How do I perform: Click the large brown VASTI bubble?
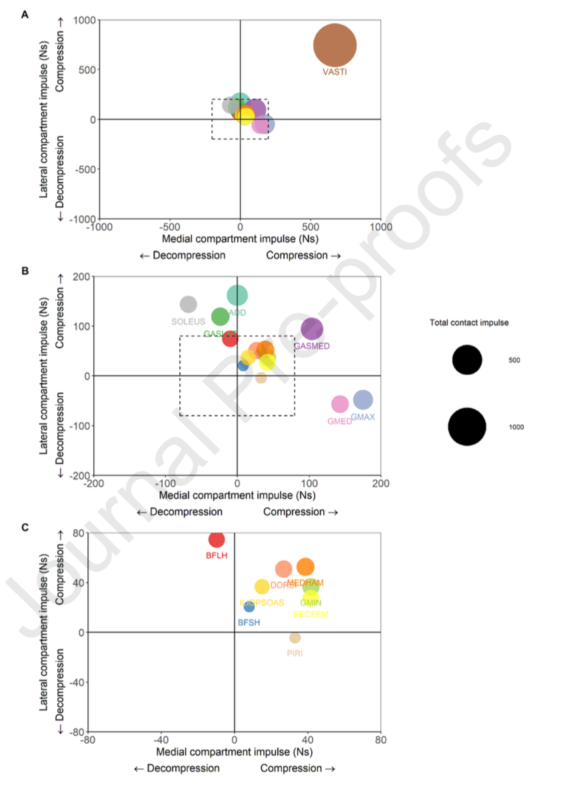[335, 45]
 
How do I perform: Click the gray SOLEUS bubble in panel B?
[189, 304]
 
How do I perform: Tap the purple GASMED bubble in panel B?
[312, 329]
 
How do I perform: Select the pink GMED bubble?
[340, 404]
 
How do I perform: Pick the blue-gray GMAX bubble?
[362, 399]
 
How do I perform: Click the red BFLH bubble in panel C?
[217, 539]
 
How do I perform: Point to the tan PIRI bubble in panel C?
[295, 638]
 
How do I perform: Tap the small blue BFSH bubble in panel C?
[249, 607]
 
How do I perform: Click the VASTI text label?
[334, 72]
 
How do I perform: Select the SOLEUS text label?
[189, 322]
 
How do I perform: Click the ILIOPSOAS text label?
[262, 603]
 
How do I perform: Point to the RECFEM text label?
[310, 615]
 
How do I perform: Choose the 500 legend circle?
[467, 360]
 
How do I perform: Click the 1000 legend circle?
[467, 427]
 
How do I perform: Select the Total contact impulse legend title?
[469, 323]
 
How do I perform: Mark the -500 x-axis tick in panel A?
[169, 225]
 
